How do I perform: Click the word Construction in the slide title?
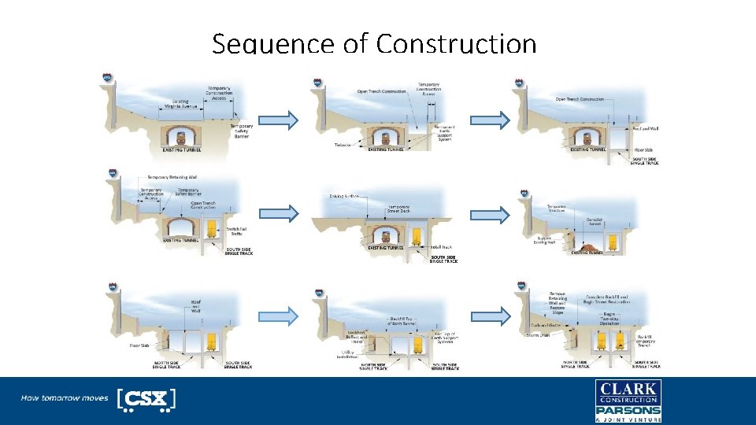coord(456,44)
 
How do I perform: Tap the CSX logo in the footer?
coord(146,399)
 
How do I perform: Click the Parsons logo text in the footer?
coord(628,410)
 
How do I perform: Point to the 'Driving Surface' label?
coord(344,196)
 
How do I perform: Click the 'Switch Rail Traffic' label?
coord(237,231)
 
